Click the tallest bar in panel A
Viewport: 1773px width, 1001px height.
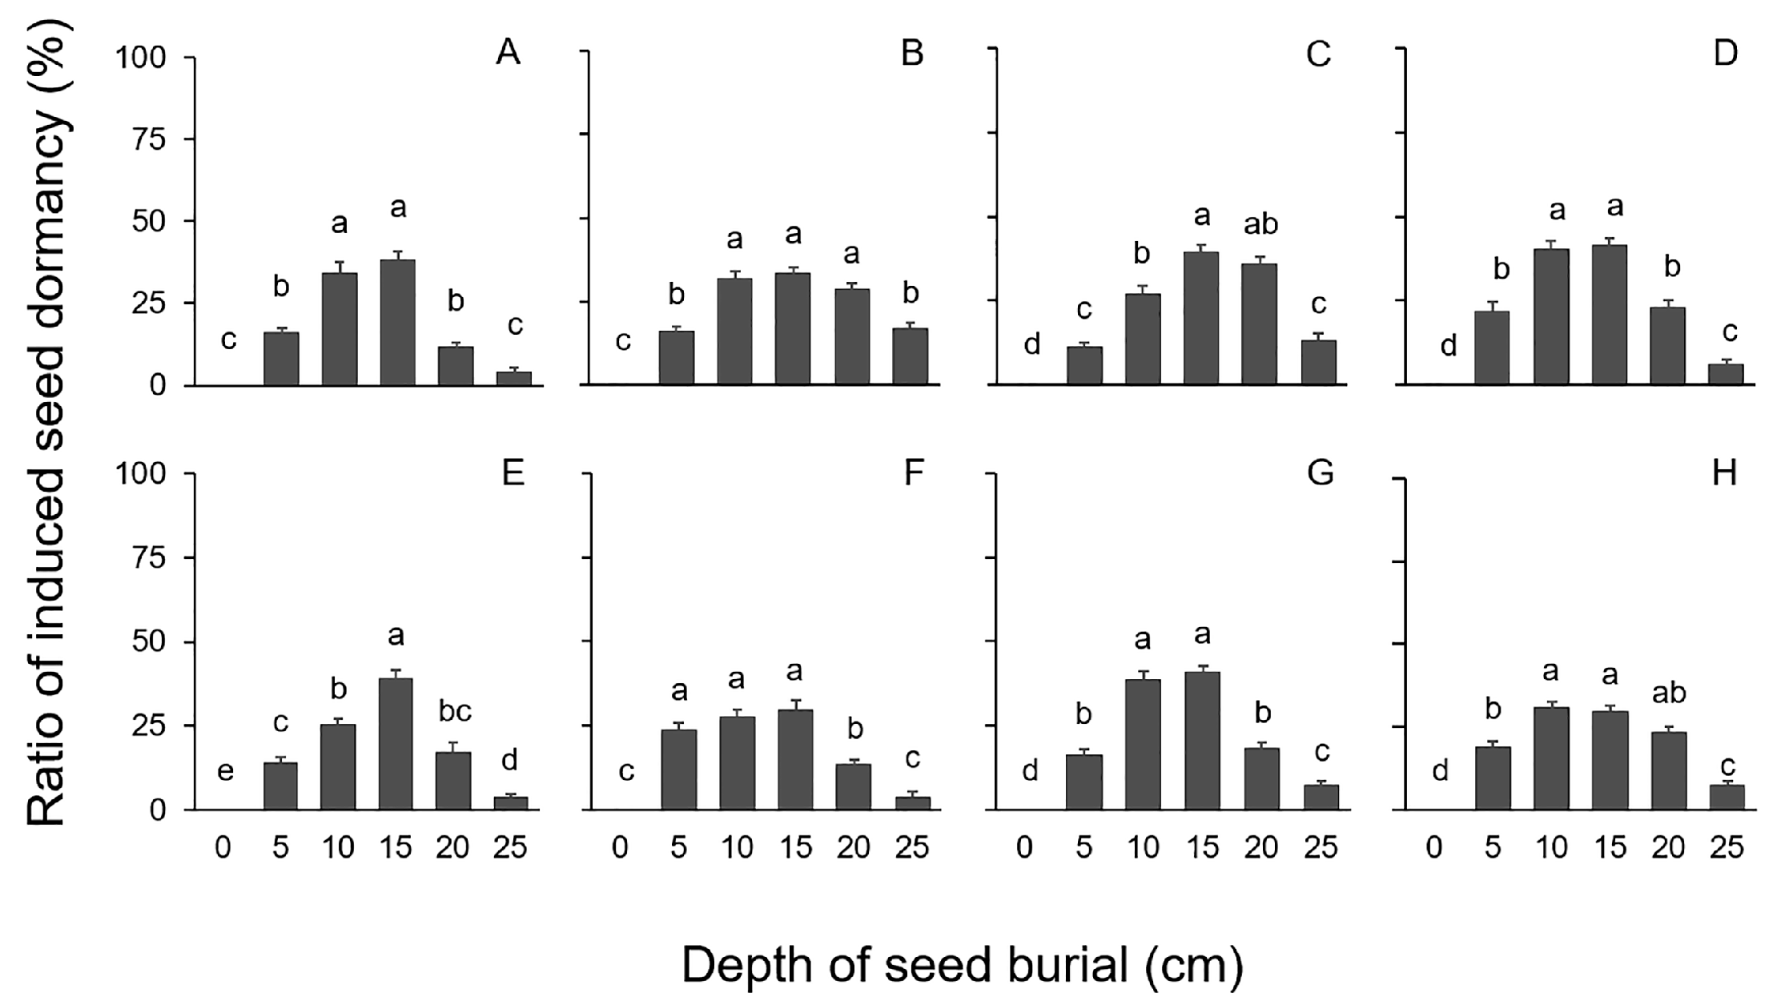point(397,322)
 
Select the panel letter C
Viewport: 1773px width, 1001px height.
point(1317,54)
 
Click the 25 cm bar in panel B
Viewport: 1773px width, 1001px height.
point(911,356)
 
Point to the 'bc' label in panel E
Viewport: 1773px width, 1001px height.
point(455,710)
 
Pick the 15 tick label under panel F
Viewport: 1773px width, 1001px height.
point(795,847)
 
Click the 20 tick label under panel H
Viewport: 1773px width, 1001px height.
point(1669,847)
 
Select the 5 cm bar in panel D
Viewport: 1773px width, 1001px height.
point(1492,348)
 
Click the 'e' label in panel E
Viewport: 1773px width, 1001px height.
point(226,771)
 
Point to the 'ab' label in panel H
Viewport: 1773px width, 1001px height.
point(1669,693)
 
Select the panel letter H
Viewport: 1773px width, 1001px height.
point(1724,473)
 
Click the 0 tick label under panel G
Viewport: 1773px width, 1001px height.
point(1025,847)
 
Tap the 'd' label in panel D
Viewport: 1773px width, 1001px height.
point(1448,347)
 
